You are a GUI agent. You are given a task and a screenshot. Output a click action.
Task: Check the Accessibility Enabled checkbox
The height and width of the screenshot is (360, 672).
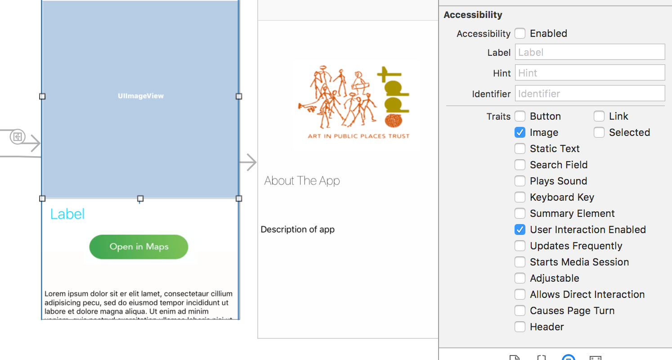point(520,33)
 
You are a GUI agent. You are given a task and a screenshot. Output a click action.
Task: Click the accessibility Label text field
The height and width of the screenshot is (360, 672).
point(590,52)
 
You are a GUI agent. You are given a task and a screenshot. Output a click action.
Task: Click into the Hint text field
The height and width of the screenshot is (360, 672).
point(590,73)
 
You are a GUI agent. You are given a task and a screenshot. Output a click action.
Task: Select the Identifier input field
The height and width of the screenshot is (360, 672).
point(590,94)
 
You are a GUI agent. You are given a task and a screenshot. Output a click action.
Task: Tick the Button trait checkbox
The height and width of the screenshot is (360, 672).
point(520,116)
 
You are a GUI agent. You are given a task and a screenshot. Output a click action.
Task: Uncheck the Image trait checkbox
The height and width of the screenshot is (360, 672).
point(520,132)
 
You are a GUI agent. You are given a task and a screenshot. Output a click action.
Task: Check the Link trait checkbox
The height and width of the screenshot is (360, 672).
point(599,116)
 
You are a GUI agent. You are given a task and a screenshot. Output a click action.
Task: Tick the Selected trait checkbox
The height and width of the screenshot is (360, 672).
point(599,132)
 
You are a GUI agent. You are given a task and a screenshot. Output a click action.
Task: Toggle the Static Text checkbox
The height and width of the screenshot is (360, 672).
point(520,148)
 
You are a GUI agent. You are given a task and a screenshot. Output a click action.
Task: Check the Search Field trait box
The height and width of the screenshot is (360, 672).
point(520,165)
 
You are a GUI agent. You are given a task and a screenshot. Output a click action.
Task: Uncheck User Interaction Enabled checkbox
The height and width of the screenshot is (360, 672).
point(520,229)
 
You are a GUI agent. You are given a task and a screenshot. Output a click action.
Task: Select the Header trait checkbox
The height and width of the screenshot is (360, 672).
point(520,327)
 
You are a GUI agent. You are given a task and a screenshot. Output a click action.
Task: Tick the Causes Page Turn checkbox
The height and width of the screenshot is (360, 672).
point(520,310)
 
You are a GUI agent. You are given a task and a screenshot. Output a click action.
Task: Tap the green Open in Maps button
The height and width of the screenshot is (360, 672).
point(139,247)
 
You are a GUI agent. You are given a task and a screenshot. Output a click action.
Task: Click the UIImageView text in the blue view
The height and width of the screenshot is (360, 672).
point(141,96)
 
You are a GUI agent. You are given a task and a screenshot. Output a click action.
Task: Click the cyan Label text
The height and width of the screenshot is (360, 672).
point(67,214)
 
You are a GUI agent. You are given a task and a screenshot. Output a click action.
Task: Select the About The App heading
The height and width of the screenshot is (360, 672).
point(302,181)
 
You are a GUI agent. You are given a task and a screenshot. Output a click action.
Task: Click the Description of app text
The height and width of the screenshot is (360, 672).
point(298,229)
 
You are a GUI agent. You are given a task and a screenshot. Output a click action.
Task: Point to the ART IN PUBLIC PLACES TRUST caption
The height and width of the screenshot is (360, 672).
point(358,136)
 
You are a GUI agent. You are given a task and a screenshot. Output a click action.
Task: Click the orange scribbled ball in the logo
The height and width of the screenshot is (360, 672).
point(393,121)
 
